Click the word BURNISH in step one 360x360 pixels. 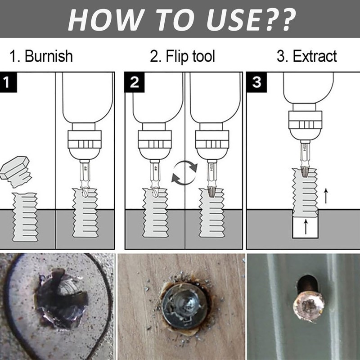pyautogui.click(x=49, y=57)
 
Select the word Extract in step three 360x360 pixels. pyautogui.click(x=315, y=57)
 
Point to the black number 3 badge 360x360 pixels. pyautogui.click(x=255, y=82)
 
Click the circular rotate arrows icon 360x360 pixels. pyautogui.click(x=184, y=173)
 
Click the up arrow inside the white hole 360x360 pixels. pyautogui.click(x=306, y=226)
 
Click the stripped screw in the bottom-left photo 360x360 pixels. pyautogui.click(x=61, y=299)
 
